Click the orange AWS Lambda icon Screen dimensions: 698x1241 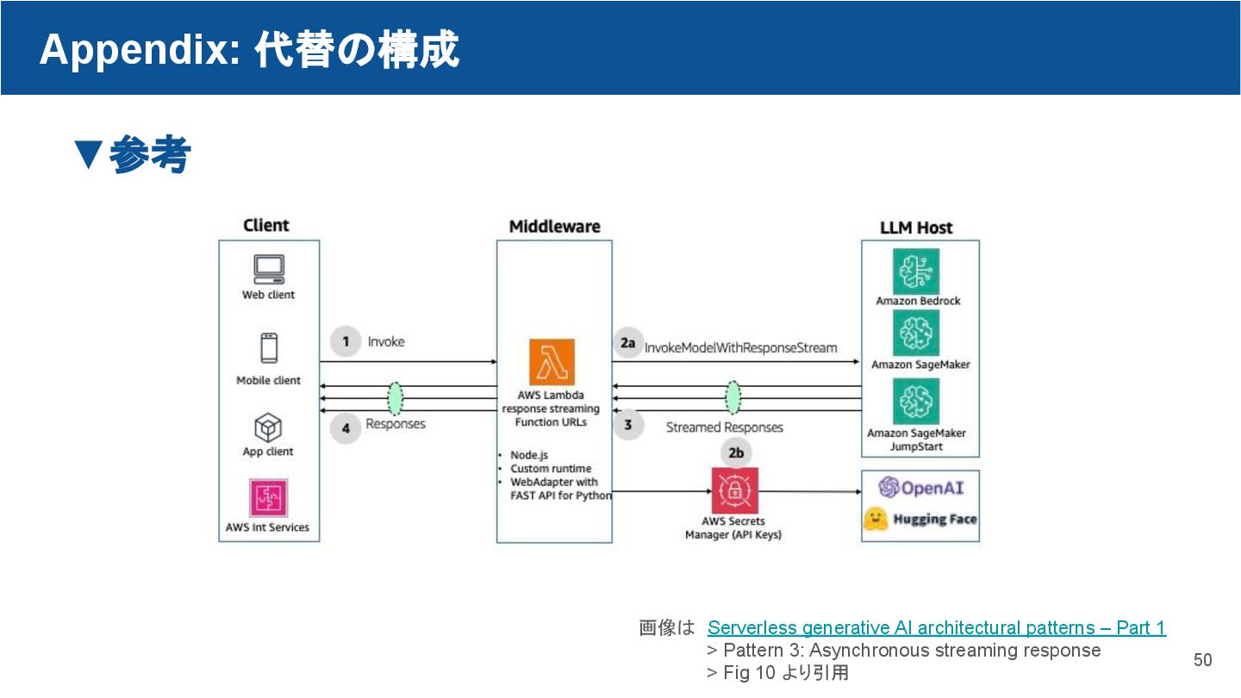tap(552, 362)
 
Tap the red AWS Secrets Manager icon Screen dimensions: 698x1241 tap(734, 490)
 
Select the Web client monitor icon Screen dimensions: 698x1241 tap(269, 270)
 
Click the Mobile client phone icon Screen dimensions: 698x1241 tap(269, 348)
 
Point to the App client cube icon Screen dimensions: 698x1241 tap(268, 427)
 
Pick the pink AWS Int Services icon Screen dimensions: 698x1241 tap(268, 498)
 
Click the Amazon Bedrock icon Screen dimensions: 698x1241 tap(916, 271)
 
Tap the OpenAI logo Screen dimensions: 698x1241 tap(920, 488)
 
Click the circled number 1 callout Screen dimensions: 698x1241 tap(346, 342)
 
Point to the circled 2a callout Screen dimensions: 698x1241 tap(627, 343)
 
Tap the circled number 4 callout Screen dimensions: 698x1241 tap(346, 427)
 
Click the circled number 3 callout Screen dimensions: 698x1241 tap(628, 425)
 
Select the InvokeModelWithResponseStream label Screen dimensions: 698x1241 tap(741, 348)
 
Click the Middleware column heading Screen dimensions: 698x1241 tap(554, 227)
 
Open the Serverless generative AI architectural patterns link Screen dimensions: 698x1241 tap(936, 627)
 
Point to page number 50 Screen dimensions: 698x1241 tap(1202, 660)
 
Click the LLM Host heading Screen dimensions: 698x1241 tap(916, 227)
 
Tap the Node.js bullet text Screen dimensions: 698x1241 tap(529, 455)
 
